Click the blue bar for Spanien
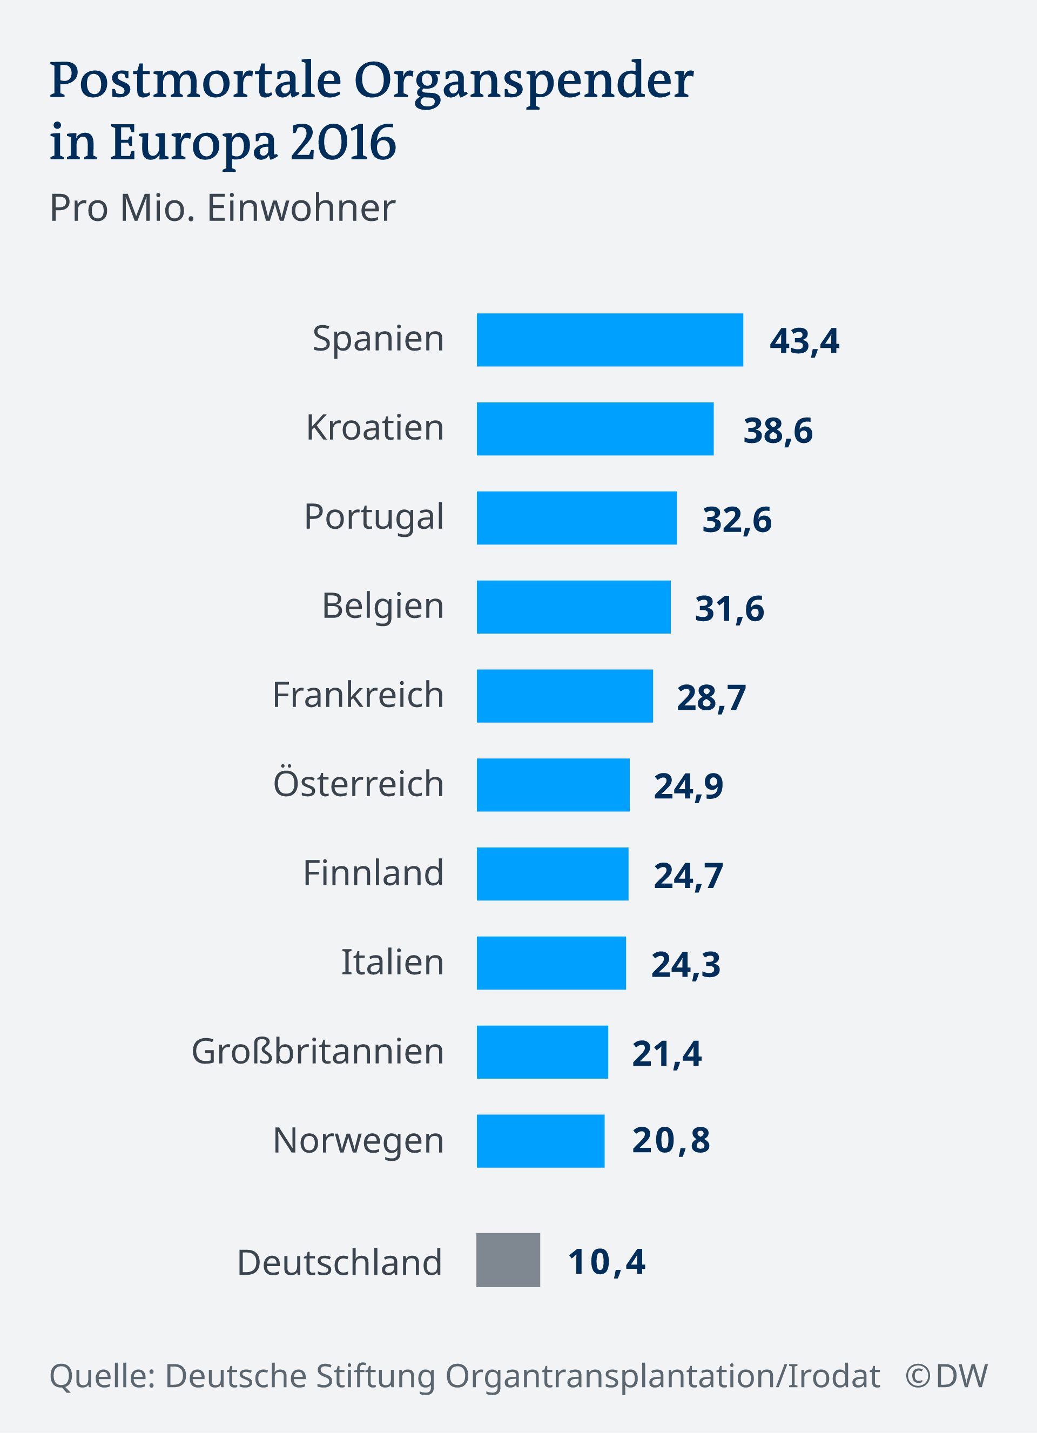pyautogui.click(x=609, y=340)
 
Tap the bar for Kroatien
pyautogui.click(x=595, y=429)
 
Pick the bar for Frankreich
pyautogui.click(x=564, y=696)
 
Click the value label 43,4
pyautogui.click(x=804, y=341)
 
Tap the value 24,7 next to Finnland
pyautogui.click(x=688, y=876)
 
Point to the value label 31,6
pyautogui.click(x=729, y=608)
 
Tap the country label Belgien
pyautogui.click(x=382, y=607)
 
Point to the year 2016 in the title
pyautogui.click(x=343, y=142)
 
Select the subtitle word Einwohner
pyautogui.click(x=301, y=208)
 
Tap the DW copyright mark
pyautogui.click(x=946, y=1376)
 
